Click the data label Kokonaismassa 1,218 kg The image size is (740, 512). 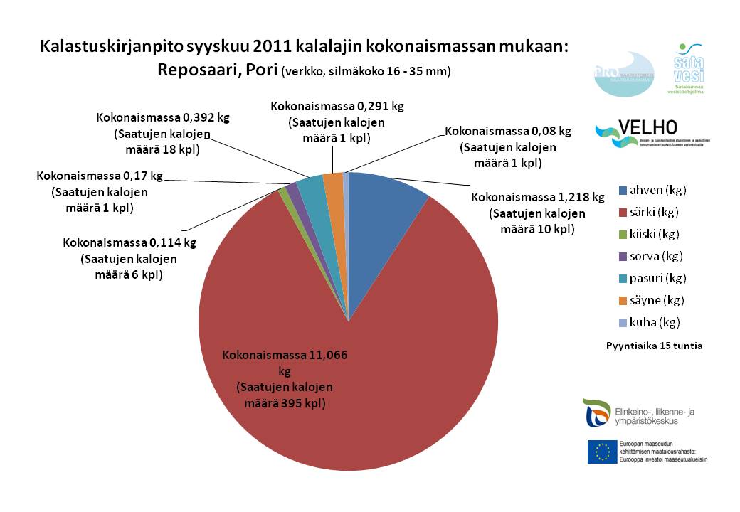537,197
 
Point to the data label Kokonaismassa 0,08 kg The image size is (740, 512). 507,132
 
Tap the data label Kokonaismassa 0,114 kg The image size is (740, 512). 129,242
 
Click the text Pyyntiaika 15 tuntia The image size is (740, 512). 654,346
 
